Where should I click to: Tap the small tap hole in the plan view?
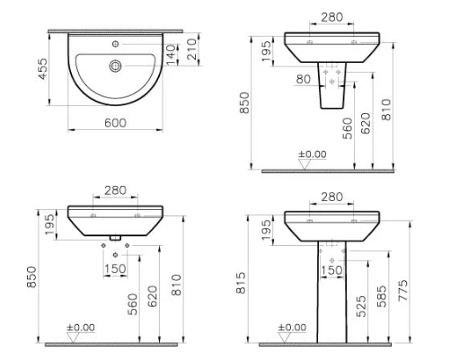[x=116, y=41]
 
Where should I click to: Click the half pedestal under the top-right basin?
[x=331, y=94]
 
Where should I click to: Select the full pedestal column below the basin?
[x=331, y=287]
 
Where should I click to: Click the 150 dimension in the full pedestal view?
[x=331, y=270]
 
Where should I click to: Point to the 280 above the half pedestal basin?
[x=331, y=18]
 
